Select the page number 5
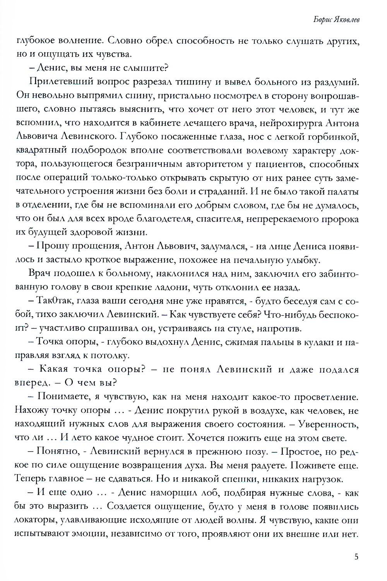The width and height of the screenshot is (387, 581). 356,557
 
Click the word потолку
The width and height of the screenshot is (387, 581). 111,356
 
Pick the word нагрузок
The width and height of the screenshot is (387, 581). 323,479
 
